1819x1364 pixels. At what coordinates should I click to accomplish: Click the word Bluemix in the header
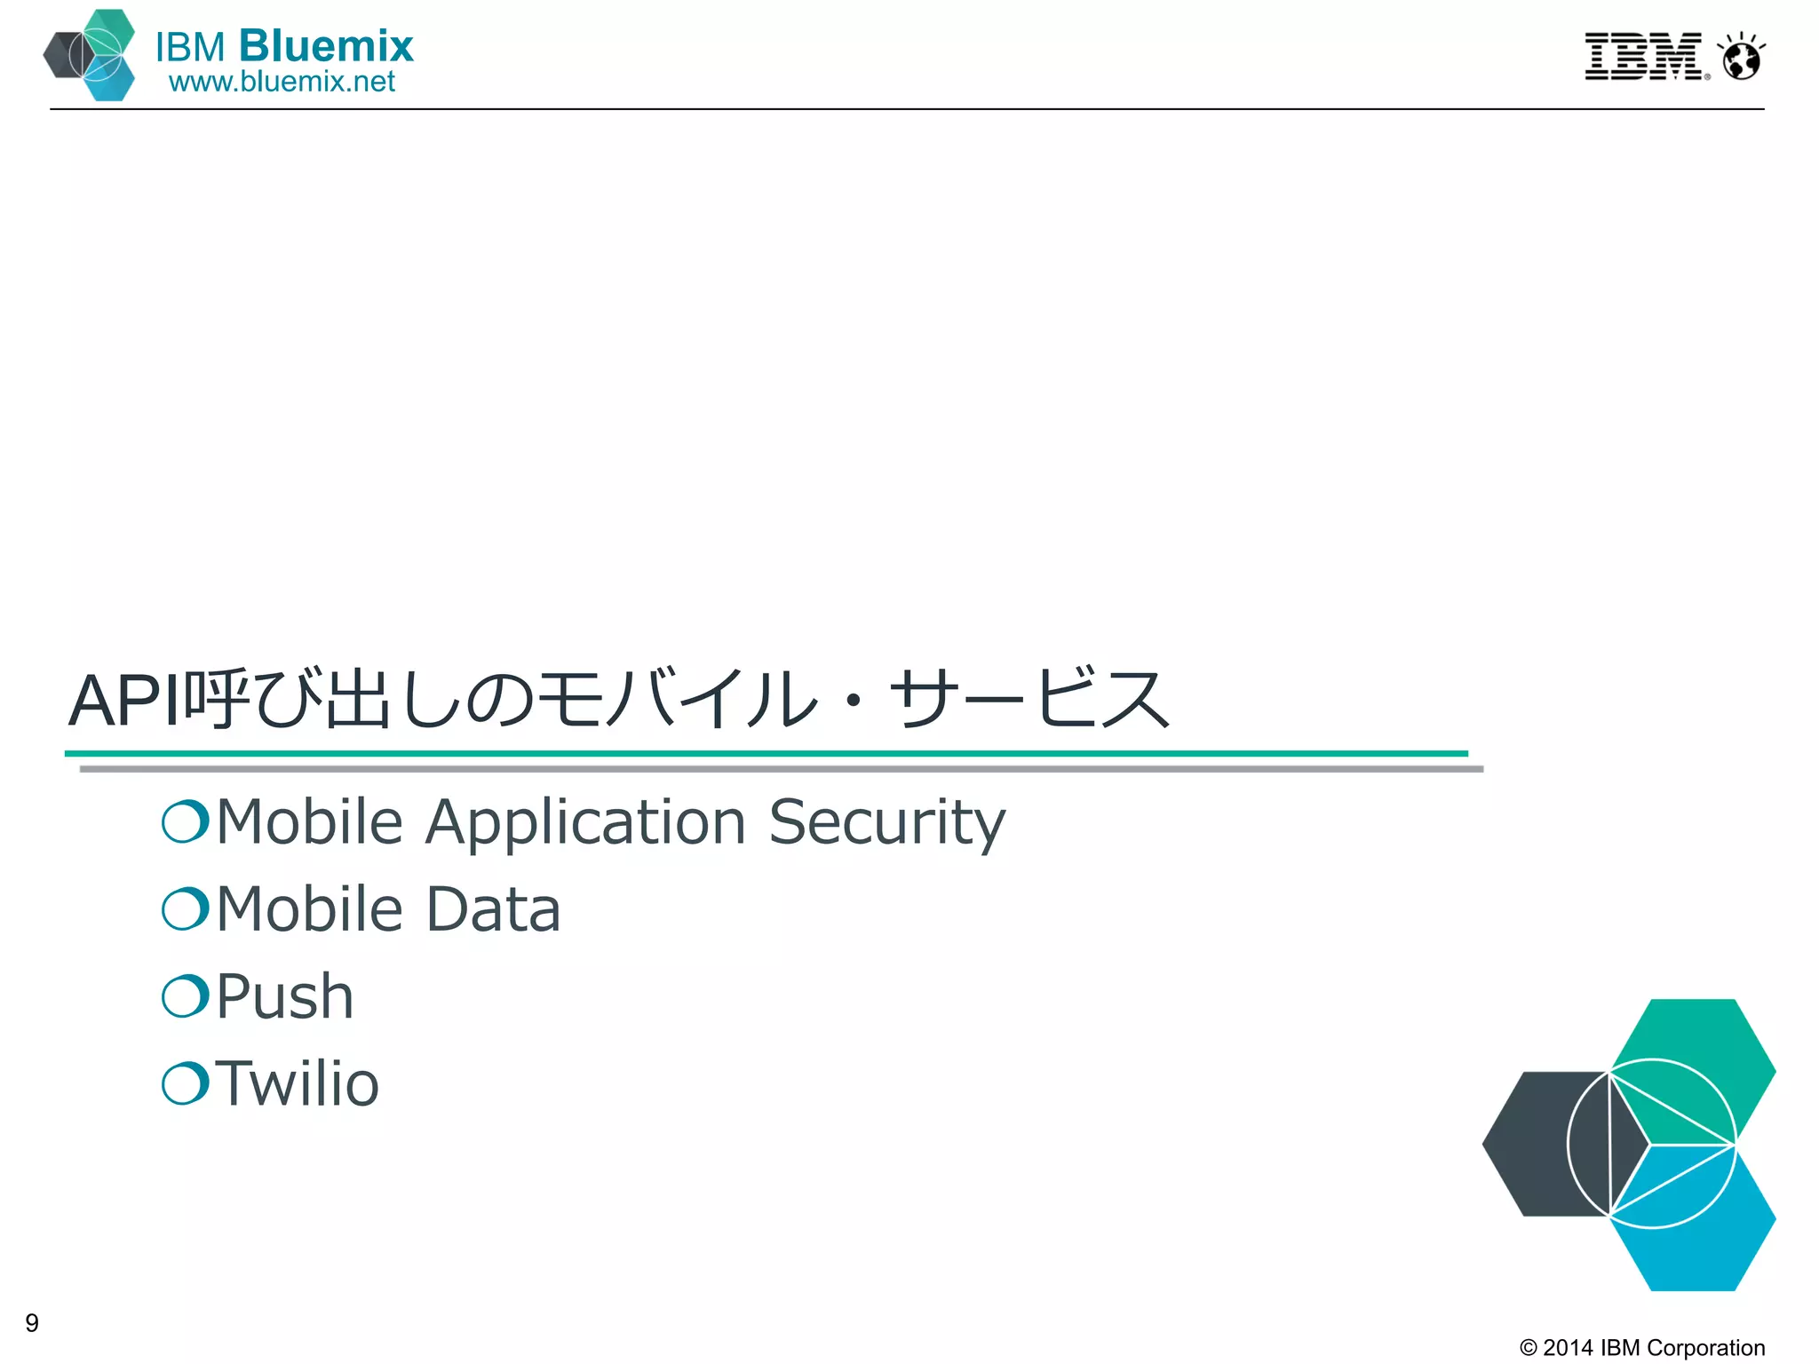pyautogui.click(x=326, y=46)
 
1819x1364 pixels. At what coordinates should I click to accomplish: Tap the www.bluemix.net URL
pyautogui.click(x=282, y=82)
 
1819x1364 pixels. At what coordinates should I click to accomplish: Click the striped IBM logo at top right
pyautogui.click(x=1644, y=57)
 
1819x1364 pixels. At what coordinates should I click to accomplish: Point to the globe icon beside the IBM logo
pyautogui.click(x=1741, y=59)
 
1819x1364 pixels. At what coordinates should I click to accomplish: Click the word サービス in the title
pyautogui.click(x=1030, y=700)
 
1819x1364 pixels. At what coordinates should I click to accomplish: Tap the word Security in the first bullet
pyautogui.click(x=886, y=822)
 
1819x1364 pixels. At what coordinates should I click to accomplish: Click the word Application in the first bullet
pyautogui.click(x=585, y=822)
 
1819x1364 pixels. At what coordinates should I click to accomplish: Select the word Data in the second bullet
pyautogui.click(x=493, y=909)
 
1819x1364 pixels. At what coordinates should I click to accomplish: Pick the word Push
pyautogui.click(x=284, y=996)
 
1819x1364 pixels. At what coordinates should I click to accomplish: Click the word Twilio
pyautogui.click(x=298, y=1083)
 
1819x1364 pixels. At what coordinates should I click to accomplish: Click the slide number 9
pyautogui.click(x=32, y=1323)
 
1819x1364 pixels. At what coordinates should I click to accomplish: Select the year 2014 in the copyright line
pyautogui.click(x=1568, y=1348)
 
